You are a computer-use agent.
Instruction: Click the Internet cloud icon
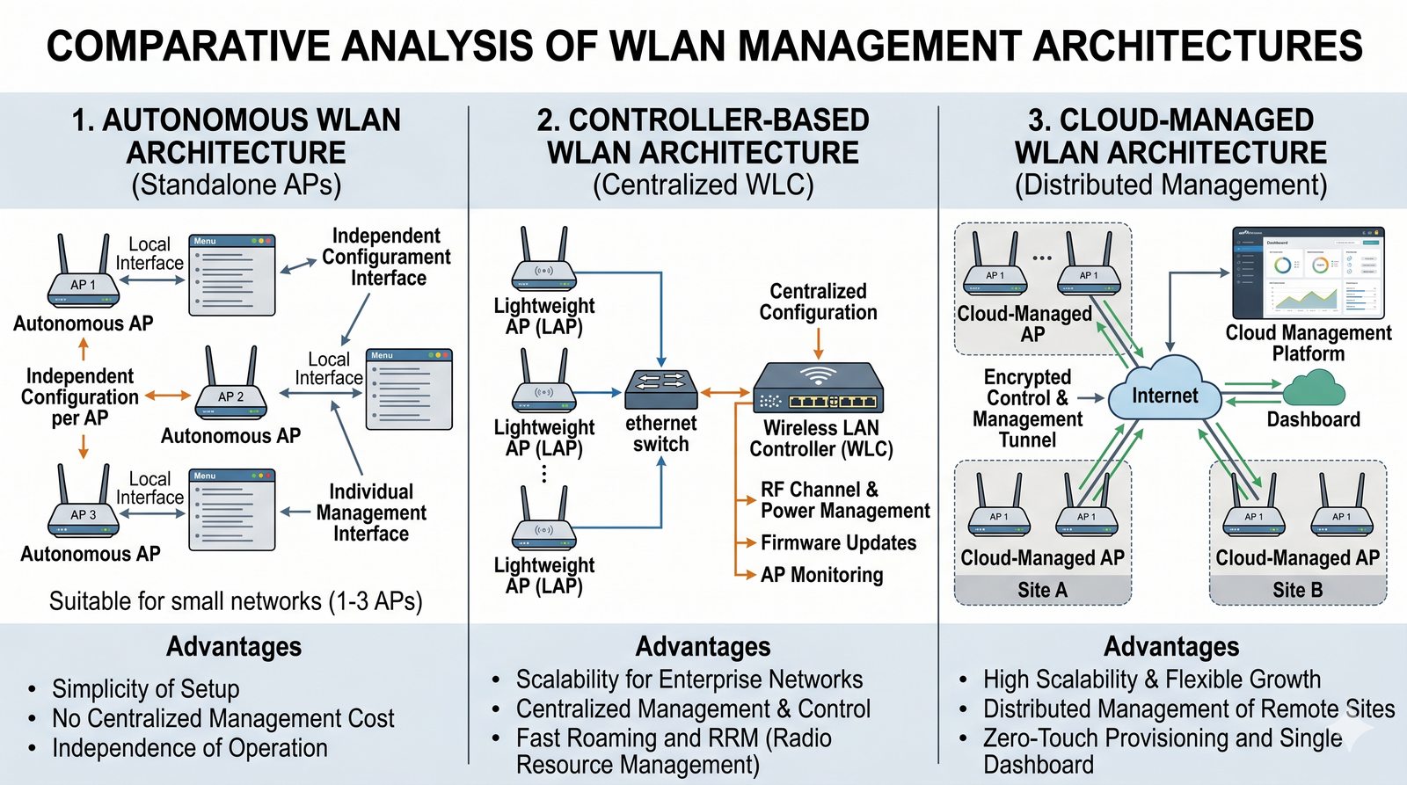coord(1164,396)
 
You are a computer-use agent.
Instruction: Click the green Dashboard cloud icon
coord(1314,387)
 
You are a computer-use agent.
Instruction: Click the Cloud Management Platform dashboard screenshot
coord(1308,273)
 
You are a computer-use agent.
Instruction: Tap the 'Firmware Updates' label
coord(838,543)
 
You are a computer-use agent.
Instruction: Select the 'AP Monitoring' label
coord(821,575)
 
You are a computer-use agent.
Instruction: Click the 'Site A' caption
coord(1042,590)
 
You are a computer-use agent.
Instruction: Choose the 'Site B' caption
coord(1297,590)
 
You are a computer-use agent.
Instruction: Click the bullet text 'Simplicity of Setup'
coord(145,688)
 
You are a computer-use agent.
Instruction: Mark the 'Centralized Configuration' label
coord(818,302)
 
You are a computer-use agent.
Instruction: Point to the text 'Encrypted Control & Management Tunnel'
coord(1027,409)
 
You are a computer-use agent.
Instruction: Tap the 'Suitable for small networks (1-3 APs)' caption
coord(236,601)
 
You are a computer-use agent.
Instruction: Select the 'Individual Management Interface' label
coord(371,512)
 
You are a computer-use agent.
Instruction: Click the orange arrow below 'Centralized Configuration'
coord(819,342)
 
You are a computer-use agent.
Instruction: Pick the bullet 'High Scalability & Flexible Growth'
coord(1151,680)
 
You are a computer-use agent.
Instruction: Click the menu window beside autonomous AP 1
coord(232,275)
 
